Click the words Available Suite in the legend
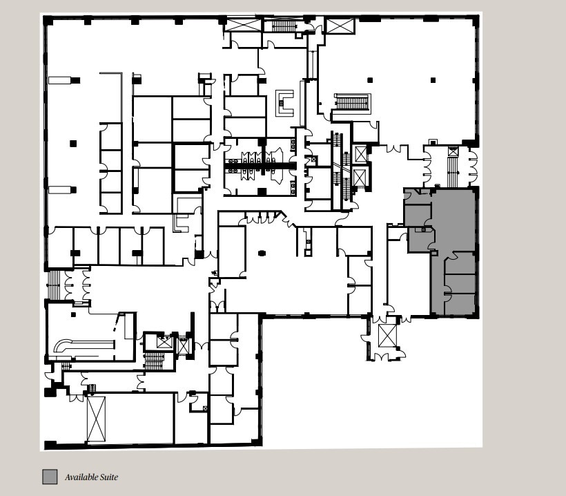(x=91, y=477)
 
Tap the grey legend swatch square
(x=50, y=477)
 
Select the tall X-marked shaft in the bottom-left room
(x=95, y=418)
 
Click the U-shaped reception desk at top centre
(x=284, y=102)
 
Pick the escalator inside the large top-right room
(x=352, y=102)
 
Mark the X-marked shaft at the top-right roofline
(x=340, y=26)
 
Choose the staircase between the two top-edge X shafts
(x=283, y=26)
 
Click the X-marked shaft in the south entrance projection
(x=387, y=336)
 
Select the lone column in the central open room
(x=262, y=254)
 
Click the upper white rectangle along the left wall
(x=59, y=80)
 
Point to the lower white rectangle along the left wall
(x=59, y=189)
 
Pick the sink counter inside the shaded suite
(x=422, y=229)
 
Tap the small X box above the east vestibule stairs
(x=453, y=151)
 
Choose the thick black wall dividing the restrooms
(x=260, y=166)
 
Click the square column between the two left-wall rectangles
(x=73, y=144)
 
